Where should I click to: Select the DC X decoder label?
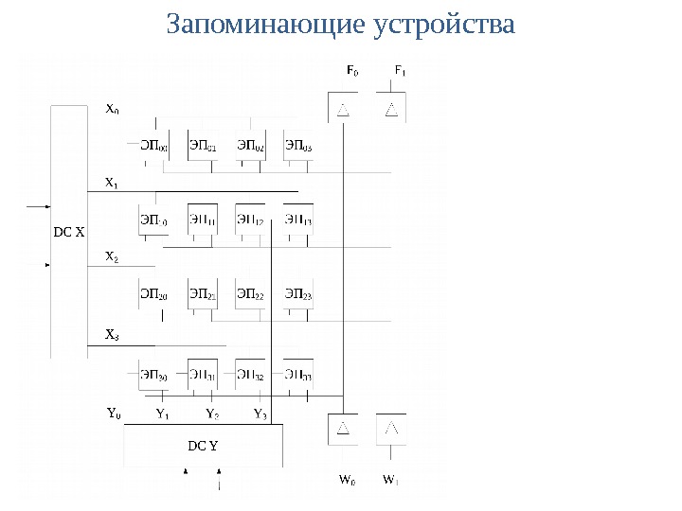pyautogui.click(x=68, y=230)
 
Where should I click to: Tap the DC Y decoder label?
pyautogui.click(x=203, y=445)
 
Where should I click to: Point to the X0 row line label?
pyautogui.click(x=112, y=108)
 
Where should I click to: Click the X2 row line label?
pyautogui.click(x=112, y=256)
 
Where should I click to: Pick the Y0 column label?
pyautogui.click(x=113, y=414)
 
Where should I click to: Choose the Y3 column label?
pyautogui.click(x=260, y=414)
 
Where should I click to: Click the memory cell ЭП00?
pyautogui.click(x=154, y=146)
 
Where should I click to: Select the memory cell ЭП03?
pyautogui.click(x=298, y=146)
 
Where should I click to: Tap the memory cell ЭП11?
pyautogui.click(x=203, y=221)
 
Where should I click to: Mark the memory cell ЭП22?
pyautogui.click(x=250, y=296)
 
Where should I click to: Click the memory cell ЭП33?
pyautogui.click(x=298, y=377)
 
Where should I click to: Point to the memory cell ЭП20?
pyautogui.click(x=154, y=296)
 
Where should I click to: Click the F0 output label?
pyautogui.click(x=351, y=70)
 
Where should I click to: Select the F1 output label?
pyautogui.click(x=400, y=70)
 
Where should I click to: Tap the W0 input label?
pyautogui.click(x=348, y=479)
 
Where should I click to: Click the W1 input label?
pyautogui.click(x=390, y=479)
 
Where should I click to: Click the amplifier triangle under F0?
pyautogui.click(x=343, y=110)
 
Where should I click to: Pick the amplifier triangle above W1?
pyautogui.click(x=391, y=430)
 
